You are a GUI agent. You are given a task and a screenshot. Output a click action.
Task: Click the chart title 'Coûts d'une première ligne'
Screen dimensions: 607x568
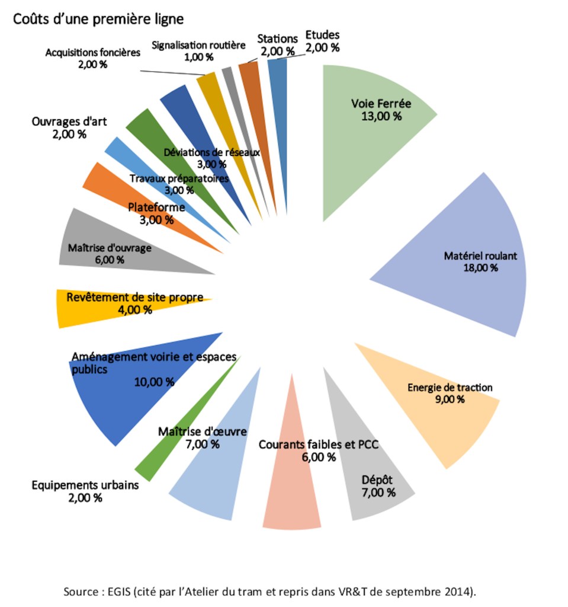[98, 19]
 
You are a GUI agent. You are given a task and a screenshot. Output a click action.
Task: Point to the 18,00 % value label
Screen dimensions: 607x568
[481, 268]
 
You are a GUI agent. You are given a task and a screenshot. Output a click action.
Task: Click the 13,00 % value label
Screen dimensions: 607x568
[381, 116]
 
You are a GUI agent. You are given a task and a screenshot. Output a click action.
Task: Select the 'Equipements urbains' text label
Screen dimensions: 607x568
[85, 485]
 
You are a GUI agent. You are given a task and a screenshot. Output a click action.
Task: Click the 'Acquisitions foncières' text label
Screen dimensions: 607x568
[92, 52]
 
